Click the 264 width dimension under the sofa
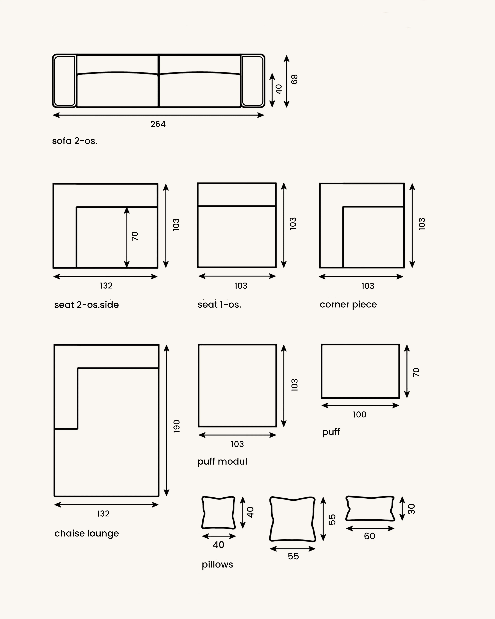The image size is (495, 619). click(158, 124)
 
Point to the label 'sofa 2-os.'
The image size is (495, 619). click(75, 141)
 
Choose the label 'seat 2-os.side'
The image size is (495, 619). click(86, 305)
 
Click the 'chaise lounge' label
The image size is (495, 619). click(87, 533)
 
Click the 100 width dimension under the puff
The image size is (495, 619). click(360, 415)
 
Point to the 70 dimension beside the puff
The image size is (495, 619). click(416, 372)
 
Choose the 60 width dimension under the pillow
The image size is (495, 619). click(370, 536)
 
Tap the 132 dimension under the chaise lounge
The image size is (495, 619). click(103, 514)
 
